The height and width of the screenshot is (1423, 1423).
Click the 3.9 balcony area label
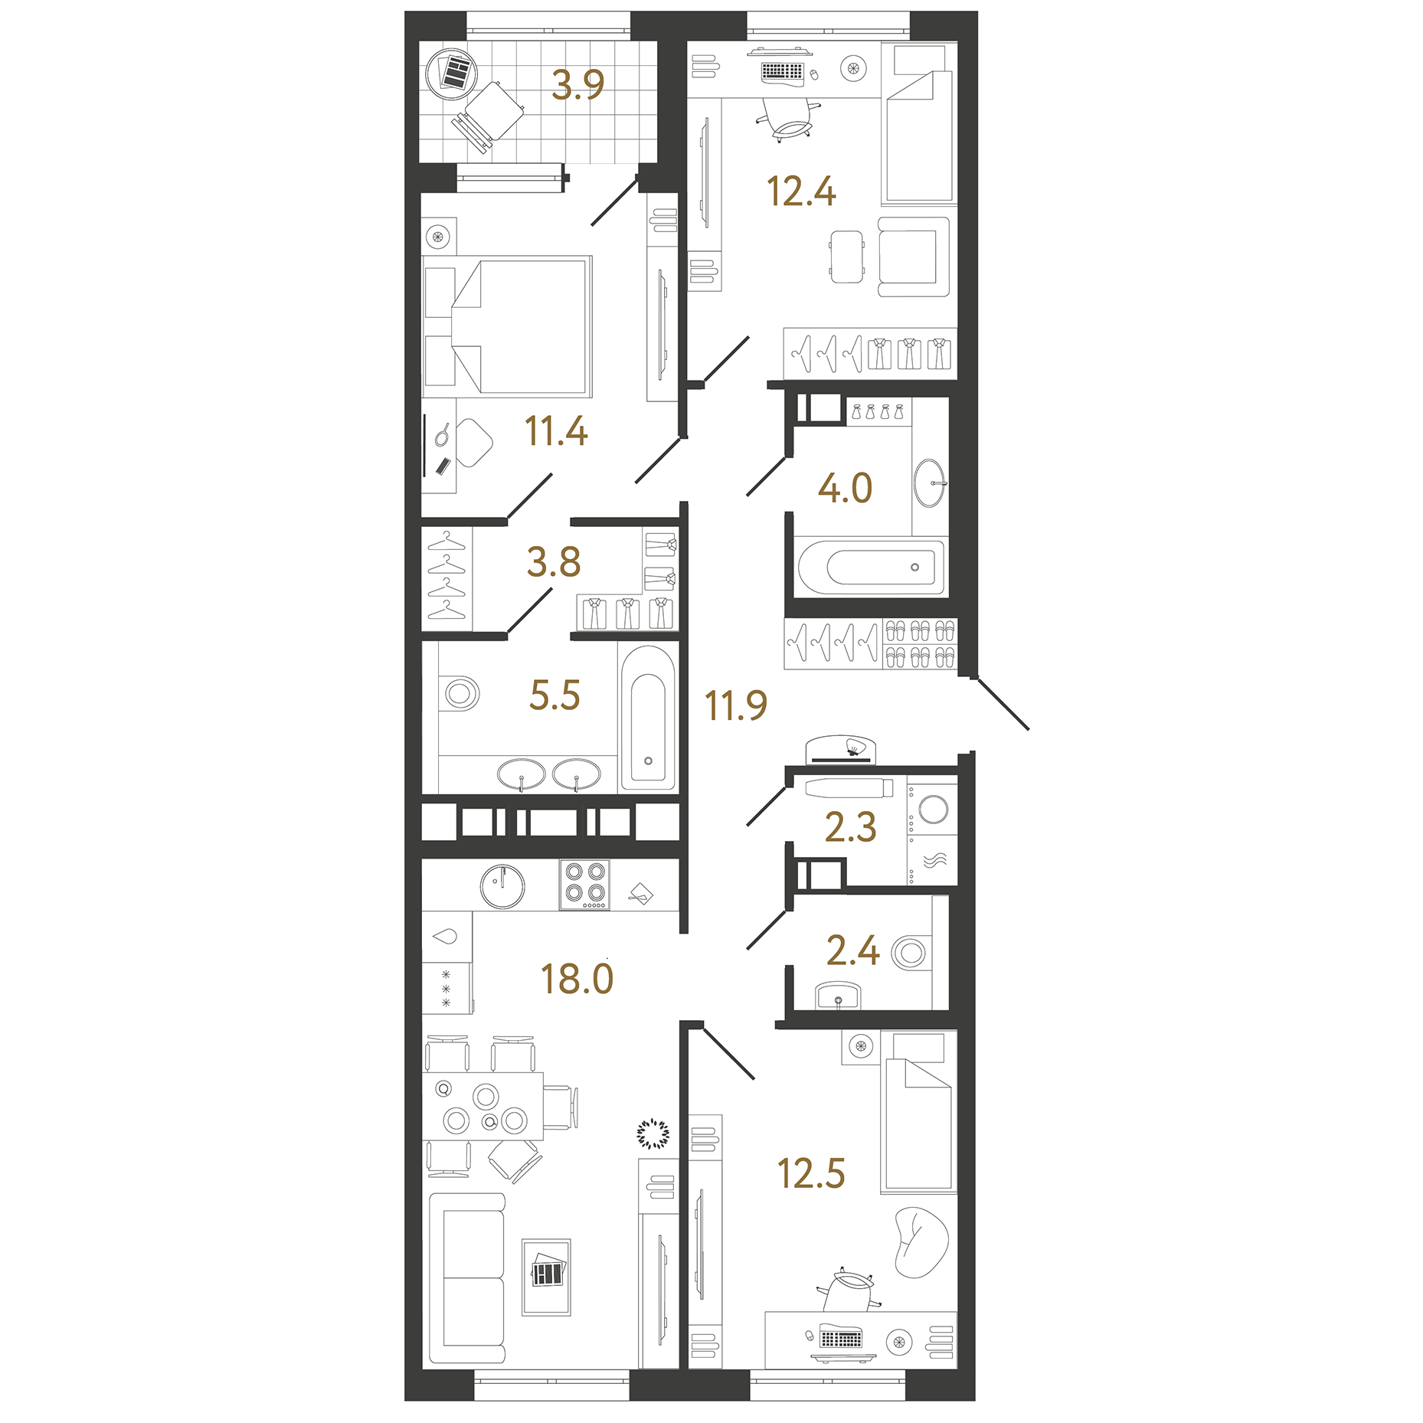pyautogui.click(x=577, y=84)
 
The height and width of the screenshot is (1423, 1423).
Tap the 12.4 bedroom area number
pyautogui.click(x=800, y=191)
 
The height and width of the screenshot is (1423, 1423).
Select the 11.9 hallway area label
pyautogui.click(x=735, y=705)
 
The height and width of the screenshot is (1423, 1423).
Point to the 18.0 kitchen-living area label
pyautogui.click(x=577, y=979)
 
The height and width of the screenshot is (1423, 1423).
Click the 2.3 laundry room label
pyautogui.click(x=850, y=827)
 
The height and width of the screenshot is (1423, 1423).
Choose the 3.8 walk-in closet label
pyautogui.click(x=554, y=562)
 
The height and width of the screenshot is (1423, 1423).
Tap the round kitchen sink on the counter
pyautogui.click(x=502, y=886)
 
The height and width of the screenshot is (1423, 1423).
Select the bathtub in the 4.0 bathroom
pyautogui.click(x=872, y=568)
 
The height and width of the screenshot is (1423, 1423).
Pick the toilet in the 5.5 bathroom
pyautogui.click(x=460, y=694)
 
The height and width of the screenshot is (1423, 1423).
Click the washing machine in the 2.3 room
pyautogui.click(x=933, y=809)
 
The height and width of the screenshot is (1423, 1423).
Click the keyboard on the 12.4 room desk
pyautogui.click(x=782, y=71)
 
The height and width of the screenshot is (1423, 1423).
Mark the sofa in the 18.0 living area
pyautogui.click(x=467, y=1277)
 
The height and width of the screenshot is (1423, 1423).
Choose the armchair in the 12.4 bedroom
pyautogui.click(x=912, y=257)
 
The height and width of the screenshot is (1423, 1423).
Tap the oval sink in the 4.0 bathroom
pyautogui.click(x=930, y=483)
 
